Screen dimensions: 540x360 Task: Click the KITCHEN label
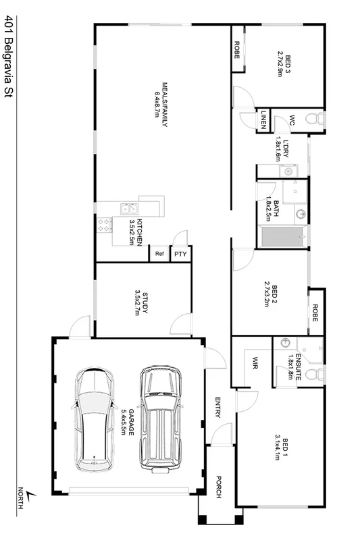coord(137,232)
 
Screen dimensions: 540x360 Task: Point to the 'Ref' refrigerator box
coord(159,254)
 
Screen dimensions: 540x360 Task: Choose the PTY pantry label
coord(180,254)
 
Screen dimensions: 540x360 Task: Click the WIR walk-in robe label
coord(256,364)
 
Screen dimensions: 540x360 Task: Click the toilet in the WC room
coord(313,119)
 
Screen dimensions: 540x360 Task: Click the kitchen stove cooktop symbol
coord(105,224)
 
